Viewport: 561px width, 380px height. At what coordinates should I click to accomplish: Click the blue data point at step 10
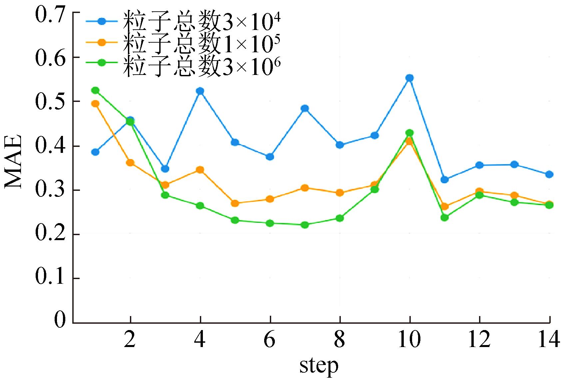coord(409,78)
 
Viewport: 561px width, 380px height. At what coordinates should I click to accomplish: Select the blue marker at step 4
coord(200,91)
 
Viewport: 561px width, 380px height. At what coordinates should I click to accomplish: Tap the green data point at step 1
coord(95,90)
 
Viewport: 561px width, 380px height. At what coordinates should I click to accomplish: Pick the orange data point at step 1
coord(95,104)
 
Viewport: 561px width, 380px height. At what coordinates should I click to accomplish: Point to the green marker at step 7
coord(304,225)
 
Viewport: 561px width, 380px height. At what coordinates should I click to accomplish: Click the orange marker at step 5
coord(235,203)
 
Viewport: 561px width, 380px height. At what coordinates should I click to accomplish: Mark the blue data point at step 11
coord(444,180)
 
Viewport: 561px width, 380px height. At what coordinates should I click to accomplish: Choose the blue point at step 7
coord(304,108)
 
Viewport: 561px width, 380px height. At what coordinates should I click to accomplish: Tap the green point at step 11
coord(444,217)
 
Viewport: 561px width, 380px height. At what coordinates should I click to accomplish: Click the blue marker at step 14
coord(549,174)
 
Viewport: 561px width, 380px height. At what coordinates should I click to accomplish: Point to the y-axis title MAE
coord(13,162)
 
